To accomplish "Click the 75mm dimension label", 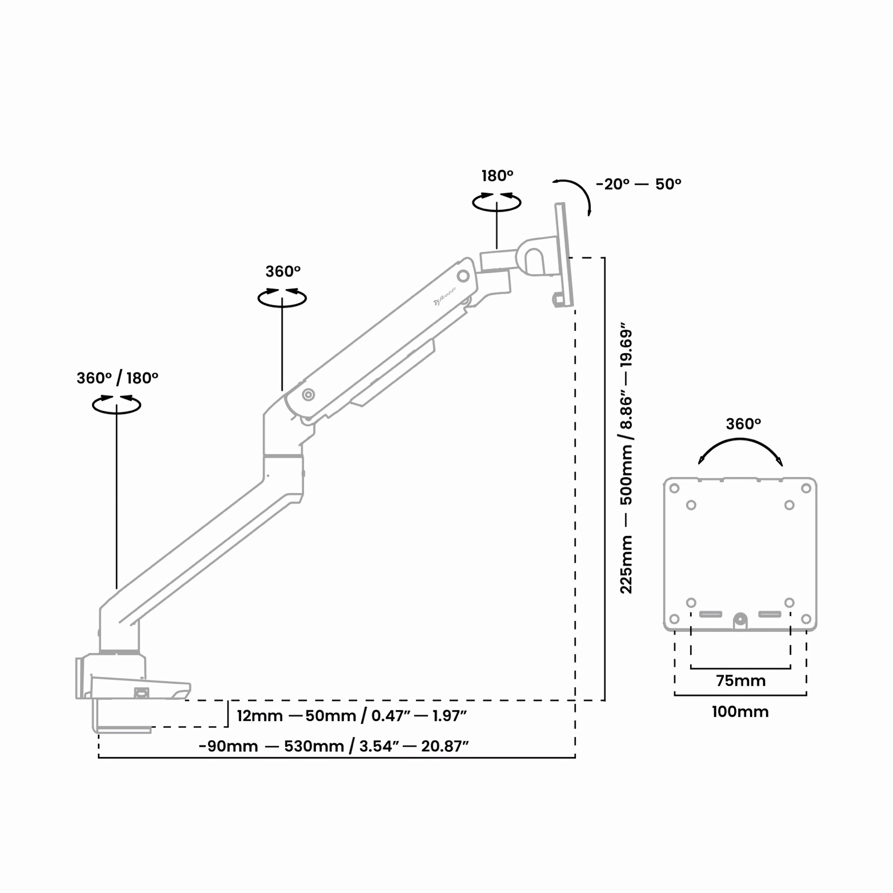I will (x=740, y=681).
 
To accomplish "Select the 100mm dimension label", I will (x=740, y=712).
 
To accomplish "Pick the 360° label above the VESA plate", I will (x=743, y=424).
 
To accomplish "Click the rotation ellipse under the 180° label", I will (x=496, y=203).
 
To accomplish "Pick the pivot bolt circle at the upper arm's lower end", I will (x=308, y=394).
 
